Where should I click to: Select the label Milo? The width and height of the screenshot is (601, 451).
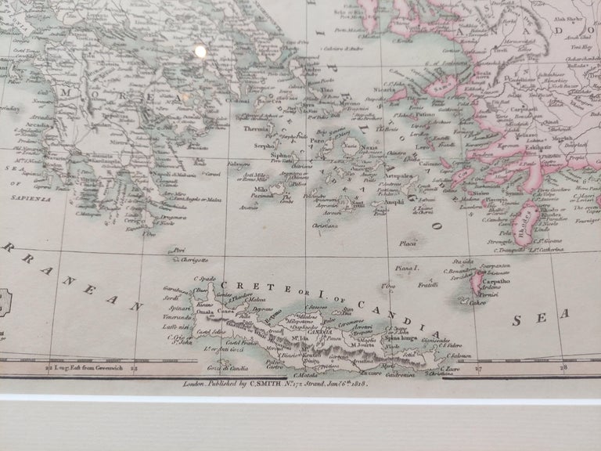261,190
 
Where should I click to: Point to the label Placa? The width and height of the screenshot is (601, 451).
408,244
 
